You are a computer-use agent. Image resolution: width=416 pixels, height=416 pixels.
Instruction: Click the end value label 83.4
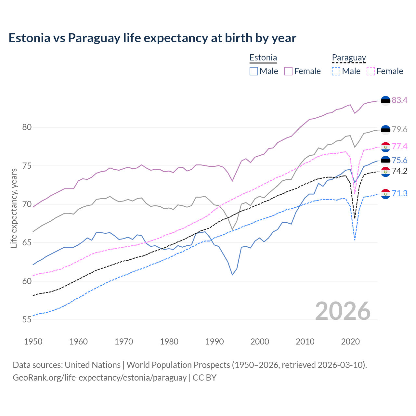pyautogui.click(x=399, y=100)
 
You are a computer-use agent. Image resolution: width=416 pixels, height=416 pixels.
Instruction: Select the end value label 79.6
pyautogui.click(x=399, y=130)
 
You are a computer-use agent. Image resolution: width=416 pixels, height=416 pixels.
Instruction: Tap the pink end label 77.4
pyautogui.click(x=399, y=147)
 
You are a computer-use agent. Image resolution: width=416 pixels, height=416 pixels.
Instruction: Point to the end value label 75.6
pyautogui.click(x=399, y=161)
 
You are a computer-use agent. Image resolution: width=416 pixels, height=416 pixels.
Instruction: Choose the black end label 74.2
pyautogui.click(x=399, y=171)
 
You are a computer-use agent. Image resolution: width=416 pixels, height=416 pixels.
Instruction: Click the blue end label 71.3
pyautogui.click(x=399, y=194)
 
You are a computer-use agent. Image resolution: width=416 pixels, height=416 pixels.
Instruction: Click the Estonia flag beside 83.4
pyautogui.click(x=385, y=101)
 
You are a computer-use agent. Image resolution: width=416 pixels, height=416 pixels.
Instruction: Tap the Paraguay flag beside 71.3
pyautogui.click(x=385, y=194)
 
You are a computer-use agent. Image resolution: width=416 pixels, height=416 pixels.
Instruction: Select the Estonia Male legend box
pyautogui.click(x=254, y=71)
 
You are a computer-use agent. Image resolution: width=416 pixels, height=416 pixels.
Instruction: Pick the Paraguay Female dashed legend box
pyautogui.click(x=371, y=71)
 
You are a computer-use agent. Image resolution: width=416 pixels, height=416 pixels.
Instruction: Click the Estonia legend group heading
pyautogui.click(x=263, y=58)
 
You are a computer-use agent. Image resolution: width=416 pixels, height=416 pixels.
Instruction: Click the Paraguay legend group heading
pyautogui.click(x=349, y=58)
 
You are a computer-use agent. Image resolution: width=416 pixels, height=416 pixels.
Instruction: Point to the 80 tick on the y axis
pyautogui.click(x=27, y=127)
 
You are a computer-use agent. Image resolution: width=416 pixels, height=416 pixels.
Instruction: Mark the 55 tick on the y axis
pyautogui.click(x=27, y=320)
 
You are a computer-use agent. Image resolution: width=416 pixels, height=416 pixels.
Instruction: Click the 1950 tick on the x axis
pyautogui.click(x=33, y=342)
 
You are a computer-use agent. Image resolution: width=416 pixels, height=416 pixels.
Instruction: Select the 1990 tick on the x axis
pyautogui.click(x=214, y=342)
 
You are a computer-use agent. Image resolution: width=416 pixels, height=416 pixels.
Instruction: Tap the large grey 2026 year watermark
pyautogui.click(x=343, y=311)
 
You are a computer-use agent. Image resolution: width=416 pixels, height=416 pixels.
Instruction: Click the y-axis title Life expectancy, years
pyautogui.click(x=14, y=208)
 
